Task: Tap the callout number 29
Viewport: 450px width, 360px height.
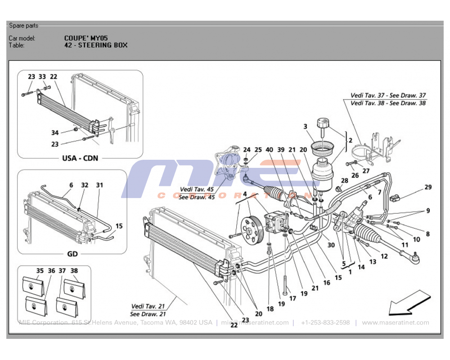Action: (x=428, y=187)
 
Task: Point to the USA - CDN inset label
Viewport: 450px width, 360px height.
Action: (x=80, y=158)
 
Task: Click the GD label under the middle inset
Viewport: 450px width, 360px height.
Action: (x=72, y=254)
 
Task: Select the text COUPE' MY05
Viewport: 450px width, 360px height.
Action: (x=86, y=38)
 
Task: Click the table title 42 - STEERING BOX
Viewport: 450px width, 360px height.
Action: (x=96, y=45)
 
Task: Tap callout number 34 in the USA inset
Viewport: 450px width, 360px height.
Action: (x=55, y=133)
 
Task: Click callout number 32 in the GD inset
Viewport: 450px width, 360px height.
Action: (x=85, y=185)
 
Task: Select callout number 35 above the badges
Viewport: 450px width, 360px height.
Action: (x=40, y=271)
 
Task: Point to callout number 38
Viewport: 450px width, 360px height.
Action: (x=74, y=271)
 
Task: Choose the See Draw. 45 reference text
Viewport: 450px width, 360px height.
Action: (x=197, y=197)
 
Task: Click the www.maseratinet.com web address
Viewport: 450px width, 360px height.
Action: (x=395, y=323)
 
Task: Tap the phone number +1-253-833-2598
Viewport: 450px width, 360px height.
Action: (x=325, y=323)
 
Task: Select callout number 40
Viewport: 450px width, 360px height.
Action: (x=269, y=150)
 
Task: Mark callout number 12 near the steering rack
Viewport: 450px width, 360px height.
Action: (x=384, y=256)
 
